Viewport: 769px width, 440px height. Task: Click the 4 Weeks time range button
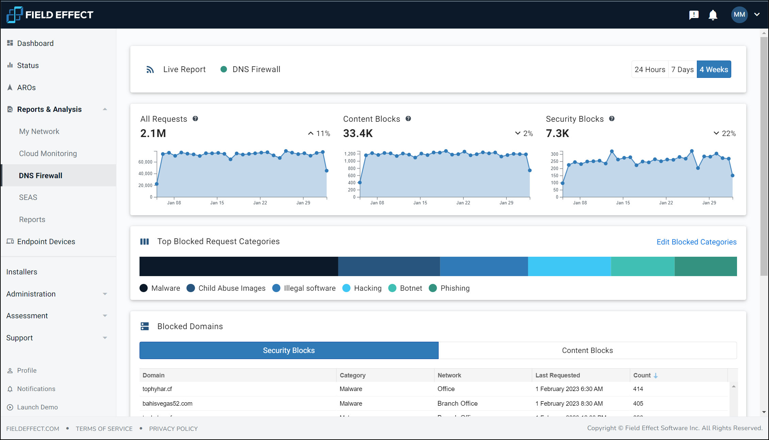coord(714,69)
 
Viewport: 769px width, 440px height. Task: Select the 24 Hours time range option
coord(650,69)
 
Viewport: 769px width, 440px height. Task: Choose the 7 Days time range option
coord(682,69)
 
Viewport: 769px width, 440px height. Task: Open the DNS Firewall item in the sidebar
coord(40,175)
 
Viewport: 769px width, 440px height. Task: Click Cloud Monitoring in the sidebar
coord(48,153)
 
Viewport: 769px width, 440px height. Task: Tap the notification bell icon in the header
coord(713,15)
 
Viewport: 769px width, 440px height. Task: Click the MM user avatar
coord(739,15)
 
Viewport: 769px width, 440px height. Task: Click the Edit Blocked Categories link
coord(696,242)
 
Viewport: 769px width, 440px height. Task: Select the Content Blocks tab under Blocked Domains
coord(587,350)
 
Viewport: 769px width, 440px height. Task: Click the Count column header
coord(642,375)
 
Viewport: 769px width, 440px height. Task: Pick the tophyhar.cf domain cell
coord(157,389)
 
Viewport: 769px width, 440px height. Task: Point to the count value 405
coord(638,403)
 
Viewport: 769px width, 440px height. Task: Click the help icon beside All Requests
coord(195,119)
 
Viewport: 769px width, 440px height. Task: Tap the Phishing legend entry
coord(455,288)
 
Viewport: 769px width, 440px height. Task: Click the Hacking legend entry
coord(367,288)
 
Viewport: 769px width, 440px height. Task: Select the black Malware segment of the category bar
coord(239,266)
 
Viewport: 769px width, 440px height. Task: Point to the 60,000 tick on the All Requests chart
coord(145,162)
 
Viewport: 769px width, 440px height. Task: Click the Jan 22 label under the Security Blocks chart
coord(666,203)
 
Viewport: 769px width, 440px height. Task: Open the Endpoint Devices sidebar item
coord(46,241)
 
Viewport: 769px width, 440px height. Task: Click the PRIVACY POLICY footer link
coord(173,428)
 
